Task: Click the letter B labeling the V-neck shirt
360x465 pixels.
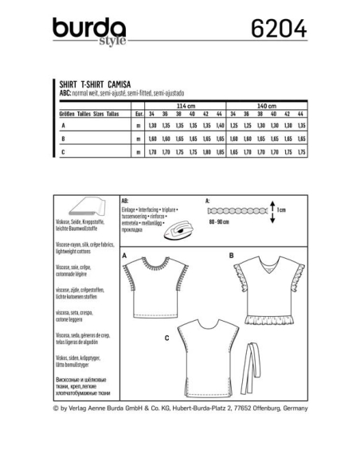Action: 230,255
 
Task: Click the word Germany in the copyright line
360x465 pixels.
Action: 291,408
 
